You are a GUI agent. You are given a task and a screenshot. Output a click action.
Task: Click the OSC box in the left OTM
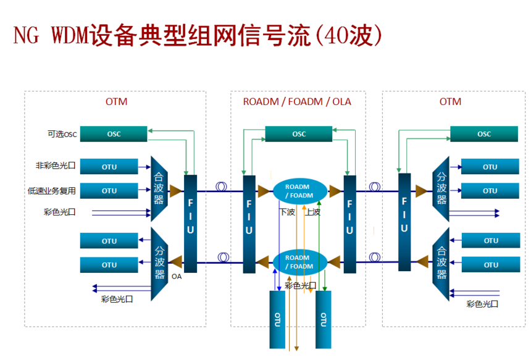coord(114,134)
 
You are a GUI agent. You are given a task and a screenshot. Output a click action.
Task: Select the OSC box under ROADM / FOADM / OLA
coord(299,134)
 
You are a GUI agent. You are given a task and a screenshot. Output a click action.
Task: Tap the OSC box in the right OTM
coord(484,134)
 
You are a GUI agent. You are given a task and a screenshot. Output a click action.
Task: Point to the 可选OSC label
coord(62,134)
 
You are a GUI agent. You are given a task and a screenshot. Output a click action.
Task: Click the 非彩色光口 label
coord(56,165)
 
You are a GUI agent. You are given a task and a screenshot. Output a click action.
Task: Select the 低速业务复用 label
coord(51,191)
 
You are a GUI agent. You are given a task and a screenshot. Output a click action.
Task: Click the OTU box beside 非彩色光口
coord(109,167)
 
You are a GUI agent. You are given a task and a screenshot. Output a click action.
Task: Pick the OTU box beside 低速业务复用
coord(109,191)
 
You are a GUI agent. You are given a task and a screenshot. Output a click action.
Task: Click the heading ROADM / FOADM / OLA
coord(297,102)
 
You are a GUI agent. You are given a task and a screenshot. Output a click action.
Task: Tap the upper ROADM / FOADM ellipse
coord(300,191)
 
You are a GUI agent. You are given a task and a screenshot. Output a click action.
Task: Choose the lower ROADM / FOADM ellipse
coord(300,262)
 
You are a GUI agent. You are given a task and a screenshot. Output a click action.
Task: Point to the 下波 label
coord(287,212)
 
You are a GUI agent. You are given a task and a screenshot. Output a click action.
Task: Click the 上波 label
coord(312,212)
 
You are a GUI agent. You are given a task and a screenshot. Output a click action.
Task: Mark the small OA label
coord(177,277)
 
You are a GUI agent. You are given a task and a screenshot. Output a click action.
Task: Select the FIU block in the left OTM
coord(190,224)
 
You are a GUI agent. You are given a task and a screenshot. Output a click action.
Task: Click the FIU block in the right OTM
coord(404,222)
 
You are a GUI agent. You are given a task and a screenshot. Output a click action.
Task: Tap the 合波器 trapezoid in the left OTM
coord(159,188)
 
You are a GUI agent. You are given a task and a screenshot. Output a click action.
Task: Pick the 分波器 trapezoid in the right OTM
coord(441,188)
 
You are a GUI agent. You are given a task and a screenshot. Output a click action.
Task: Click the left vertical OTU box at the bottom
coord(277,319)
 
